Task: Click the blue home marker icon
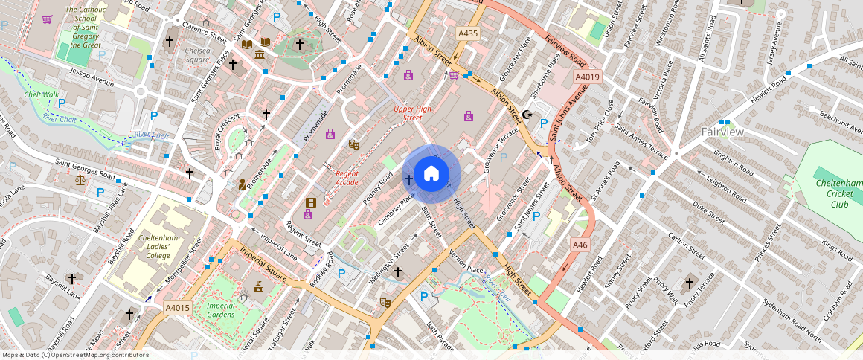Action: (431, 174)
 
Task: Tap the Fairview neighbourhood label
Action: (722, 132)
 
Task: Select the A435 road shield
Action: (468, 33)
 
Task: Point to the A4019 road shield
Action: (587, 77)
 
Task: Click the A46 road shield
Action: (580, 245)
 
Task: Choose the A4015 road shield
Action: (177, 307)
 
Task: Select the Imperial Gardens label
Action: (221, 310)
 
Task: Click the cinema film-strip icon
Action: (310, 202)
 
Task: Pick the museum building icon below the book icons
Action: (260, 56)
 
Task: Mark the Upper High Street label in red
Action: (412, 114)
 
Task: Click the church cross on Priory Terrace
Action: (689, 283)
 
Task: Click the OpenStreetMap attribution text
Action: (76, 355)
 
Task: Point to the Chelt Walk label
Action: (41, 94)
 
